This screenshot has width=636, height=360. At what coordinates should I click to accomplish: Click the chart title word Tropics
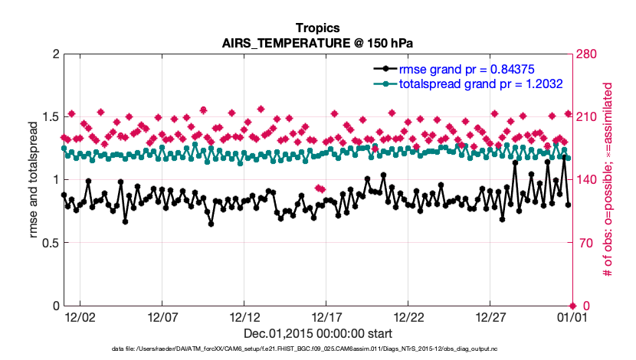317,28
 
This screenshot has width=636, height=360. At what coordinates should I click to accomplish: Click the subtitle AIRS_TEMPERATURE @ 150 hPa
317,43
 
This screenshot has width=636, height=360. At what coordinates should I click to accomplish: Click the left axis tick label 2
55,54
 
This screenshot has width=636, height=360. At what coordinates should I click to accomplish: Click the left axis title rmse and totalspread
34,180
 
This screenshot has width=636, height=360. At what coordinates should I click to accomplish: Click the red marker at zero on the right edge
572,306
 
